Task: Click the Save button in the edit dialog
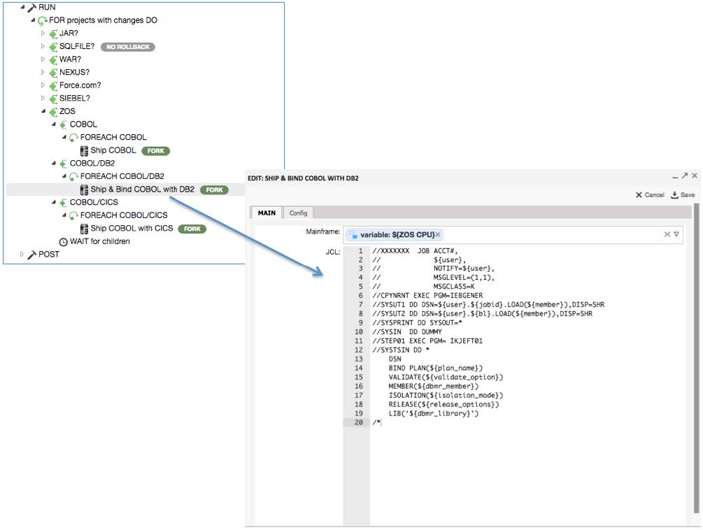click(x=683, y=195)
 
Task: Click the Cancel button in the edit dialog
click(x=650, y=195)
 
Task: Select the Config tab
click(x=299, y=213)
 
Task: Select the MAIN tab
click(x=267, y=213)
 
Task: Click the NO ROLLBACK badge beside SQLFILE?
click(x=127, y=47)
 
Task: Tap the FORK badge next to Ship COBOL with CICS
click(x=192, y=229)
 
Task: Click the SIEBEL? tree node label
click(x=74, y=99)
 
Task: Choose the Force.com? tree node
click(x=80, y=85)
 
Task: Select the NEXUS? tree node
click(x=74, y=73)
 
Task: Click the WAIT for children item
click(x=99, y=242)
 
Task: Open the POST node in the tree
click(x=48, y=255)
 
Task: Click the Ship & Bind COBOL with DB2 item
click(x=142, y=189)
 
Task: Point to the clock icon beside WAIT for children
click(x=64, y=242)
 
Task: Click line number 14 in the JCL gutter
click(x=359, y=368)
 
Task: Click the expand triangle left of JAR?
click(x=43, y=34)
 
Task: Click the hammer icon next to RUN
click(x=32, y=7)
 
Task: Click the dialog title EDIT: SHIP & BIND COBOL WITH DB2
click(x=303, y=178)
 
